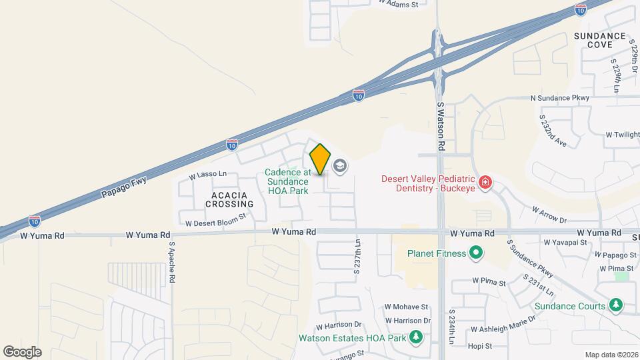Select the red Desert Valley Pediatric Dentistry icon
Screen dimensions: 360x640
click(486, 182)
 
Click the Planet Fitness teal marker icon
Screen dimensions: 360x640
click(475, 253)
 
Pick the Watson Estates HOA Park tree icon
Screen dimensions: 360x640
click(417, 337)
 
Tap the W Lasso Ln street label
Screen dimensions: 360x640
click(208, 175)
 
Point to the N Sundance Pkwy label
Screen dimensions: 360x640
click(560, 98)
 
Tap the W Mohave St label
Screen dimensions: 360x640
click(406, 307)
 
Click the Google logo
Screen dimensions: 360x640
click(22, 351)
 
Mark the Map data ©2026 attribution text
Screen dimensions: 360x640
click(611, 355)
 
